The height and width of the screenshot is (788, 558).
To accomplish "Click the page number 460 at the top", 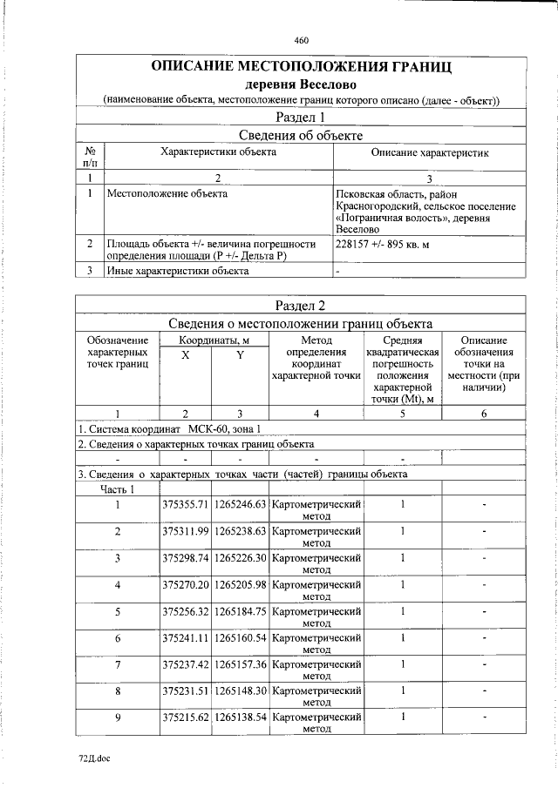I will click(302, 40).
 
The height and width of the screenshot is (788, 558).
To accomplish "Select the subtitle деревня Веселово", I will click(302, 85).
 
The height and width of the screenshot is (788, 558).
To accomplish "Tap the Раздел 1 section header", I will click(301, 118).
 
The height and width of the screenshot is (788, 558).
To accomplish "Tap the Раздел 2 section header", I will click(301, 306).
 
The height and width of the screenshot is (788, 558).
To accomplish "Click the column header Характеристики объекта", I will click(219, 152).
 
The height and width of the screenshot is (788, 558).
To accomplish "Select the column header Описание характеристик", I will click(430, 153).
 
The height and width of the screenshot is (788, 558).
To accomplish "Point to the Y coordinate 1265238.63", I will click(241, 531).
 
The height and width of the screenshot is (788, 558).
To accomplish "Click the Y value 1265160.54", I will click(241, 637).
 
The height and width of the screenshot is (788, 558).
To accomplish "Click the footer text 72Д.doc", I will click(93, 759).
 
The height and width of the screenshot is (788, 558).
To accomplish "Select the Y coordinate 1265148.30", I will click(241, 690).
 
